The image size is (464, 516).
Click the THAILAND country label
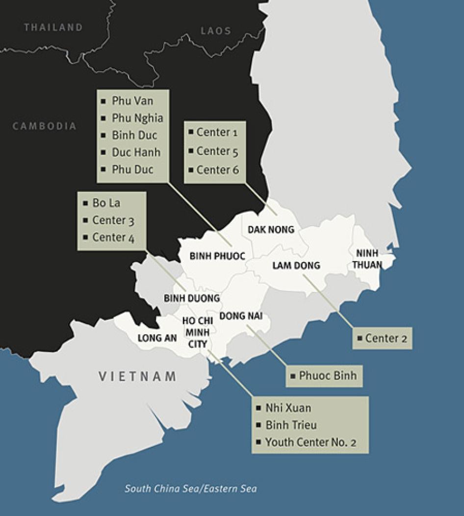click(x=53, y=27)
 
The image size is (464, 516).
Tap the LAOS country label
click(x=216, y=31)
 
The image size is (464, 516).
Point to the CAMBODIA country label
click(x=45, y=126)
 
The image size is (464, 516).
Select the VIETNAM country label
click(x=137, y=376)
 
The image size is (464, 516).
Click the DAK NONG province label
click(x=271, y=229)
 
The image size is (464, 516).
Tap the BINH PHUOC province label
click(x=217, y=256)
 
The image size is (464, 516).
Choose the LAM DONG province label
click(x=296, y=266)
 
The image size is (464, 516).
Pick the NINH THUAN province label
click(x=367, y=259)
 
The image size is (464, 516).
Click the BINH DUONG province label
click(x=192, y=298)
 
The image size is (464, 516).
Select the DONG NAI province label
click(x=241, y=316)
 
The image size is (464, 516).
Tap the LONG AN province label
click(x=157, y=338)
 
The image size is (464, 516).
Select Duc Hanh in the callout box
click(x=136, y=152)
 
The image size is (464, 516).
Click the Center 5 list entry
click(x=217, y=151)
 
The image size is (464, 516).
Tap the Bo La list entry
click(x=106, y=203)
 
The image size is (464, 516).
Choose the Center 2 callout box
click(x=383, y=338)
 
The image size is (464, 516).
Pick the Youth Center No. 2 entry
click(x=310, y=442)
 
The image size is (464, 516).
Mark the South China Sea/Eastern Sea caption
click(x=191, y=489)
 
